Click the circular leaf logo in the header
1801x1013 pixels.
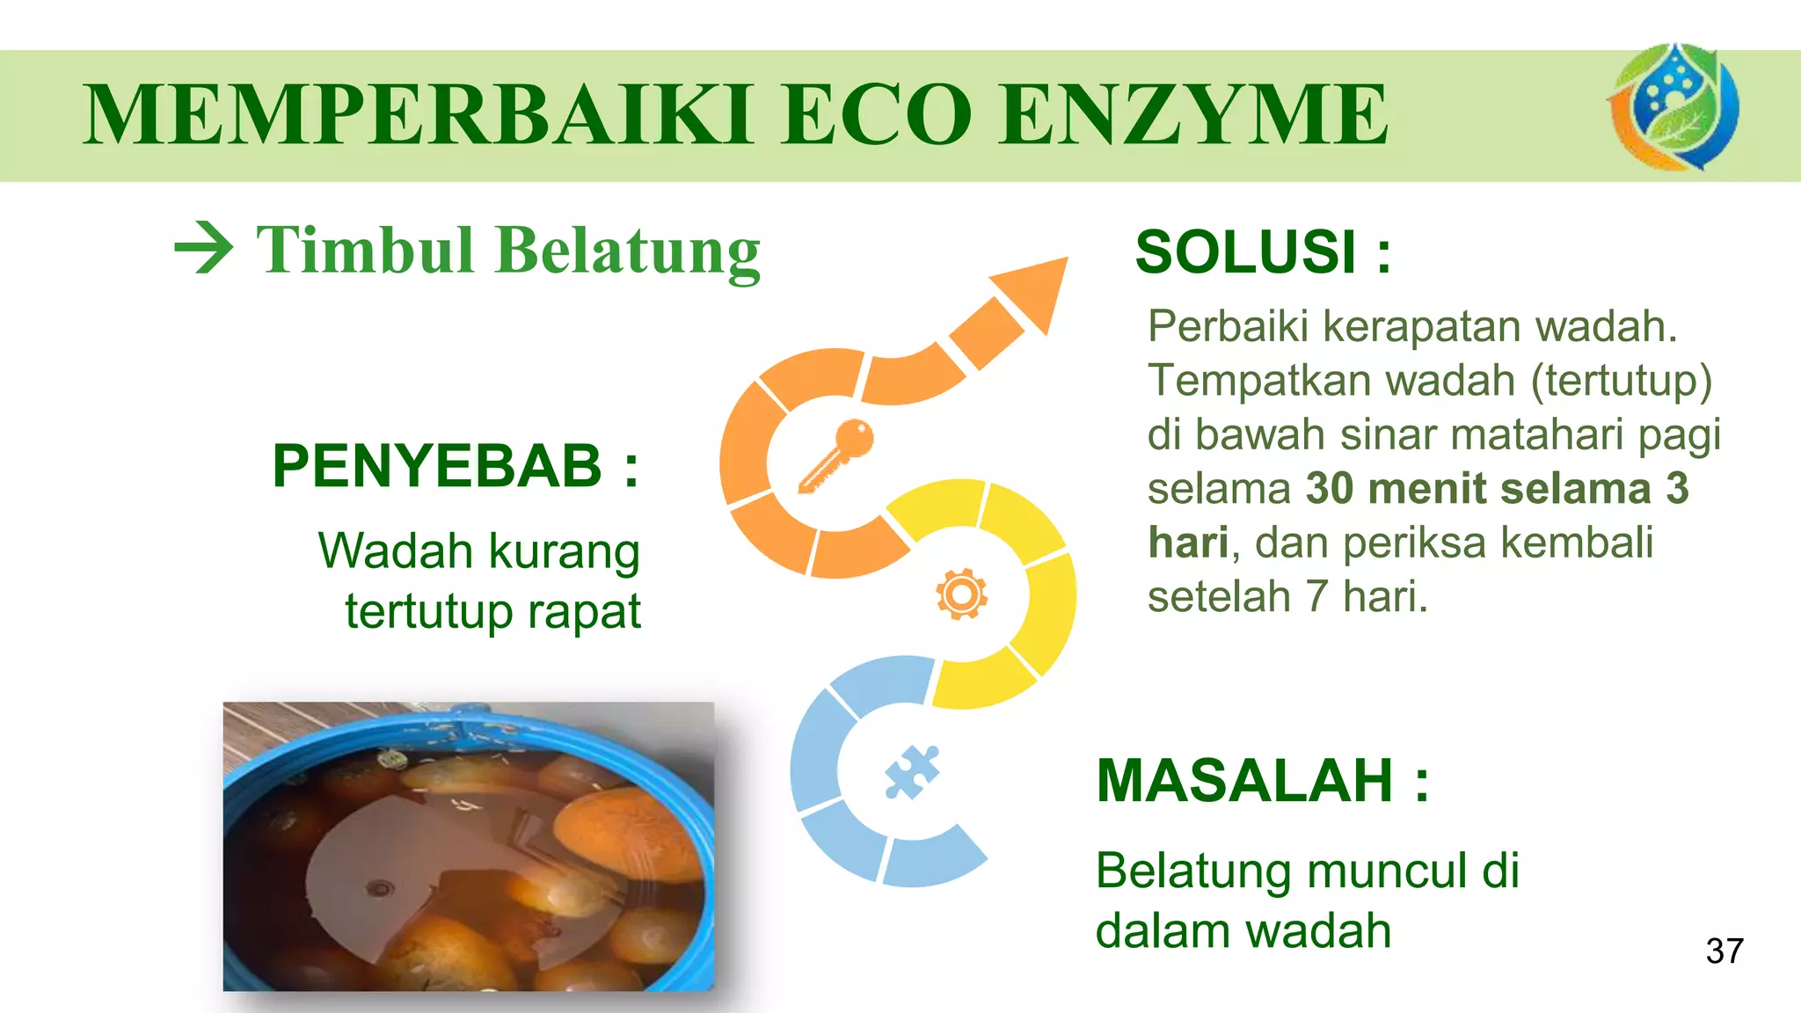[1673, 107]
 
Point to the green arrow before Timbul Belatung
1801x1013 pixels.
[204, 249]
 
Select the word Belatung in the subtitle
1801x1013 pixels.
[628, 251]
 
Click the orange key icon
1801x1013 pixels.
[836, 455]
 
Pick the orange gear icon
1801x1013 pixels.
[961, 594]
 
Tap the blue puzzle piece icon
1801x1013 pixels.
[912, 771]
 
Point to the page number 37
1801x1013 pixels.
[1724, 951]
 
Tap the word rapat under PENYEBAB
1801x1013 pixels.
[584, 612]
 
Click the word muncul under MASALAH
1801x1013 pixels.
[1388, 871]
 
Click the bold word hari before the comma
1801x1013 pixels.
[1187, 543]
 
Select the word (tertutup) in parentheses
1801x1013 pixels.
[1621, 381]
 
